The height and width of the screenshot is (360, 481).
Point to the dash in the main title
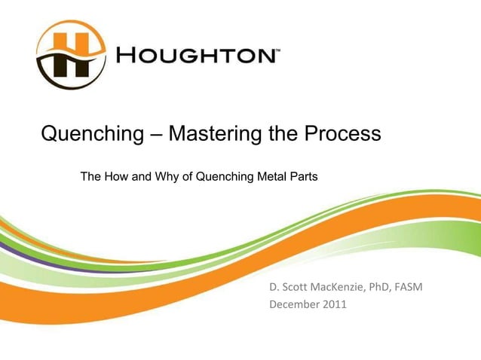coord(154,136)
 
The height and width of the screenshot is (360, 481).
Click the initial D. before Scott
coord(274,287)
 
